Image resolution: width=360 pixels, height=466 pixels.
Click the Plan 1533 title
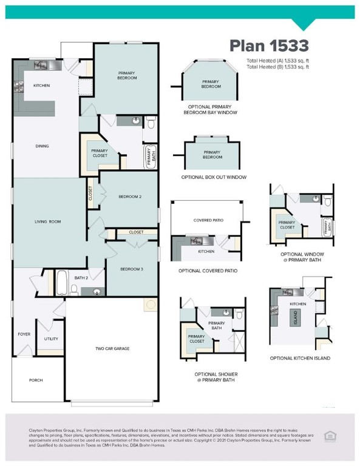269,46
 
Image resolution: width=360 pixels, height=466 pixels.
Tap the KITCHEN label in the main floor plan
41,86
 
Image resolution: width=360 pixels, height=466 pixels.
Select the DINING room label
42,146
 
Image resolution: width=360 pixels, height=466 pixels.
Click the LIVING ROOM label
47,222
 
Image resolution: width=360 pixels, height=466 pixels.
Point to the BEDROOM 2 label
130,197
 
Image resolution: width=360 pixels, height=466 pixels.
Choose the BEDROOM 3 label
131,269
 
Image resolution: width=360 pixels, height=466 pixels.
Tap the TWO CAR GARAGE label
112,348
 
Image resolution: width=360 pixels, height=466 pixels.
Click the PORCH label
36,380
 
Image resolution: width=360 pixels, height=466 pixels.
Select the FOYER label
24,334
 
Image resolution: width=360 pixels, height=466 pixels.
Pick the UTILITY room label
51,339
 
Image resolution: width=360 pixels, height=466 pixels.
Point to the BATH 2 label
81,278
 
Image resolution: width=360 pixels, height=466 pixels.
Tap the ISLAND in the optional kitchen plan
296,316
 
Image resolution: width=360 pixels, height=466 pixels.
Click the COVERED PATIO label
206,220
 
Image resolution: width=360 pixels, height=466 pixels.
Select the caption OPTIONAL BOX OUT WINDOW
214,177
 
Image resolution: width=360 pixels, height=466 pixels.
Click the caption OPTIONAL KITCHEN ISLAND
300,359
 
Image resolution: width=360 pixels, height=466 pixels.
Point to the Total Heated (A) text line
277,61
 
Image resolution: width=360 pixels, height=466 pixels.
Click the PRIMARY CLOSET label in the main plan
99,154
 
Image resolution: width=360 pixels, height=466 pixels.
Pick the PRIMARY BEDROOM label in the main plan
127,75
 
